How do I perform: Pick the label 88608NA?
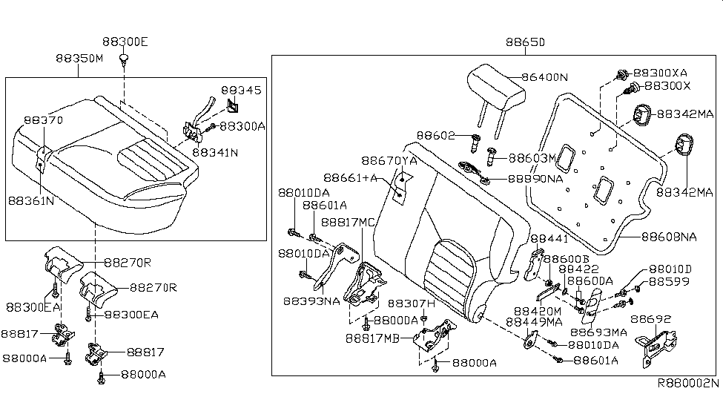[x=669, y=237]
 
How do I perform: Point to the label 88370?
[x=43, y=119]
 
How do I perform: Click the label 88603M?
[x=532, y=157]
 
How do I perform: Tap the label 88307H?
[x=413, y=303]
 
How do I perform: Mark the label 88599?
[x=669, y=282]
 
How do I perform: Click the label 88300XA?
[x=665, y=73]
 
